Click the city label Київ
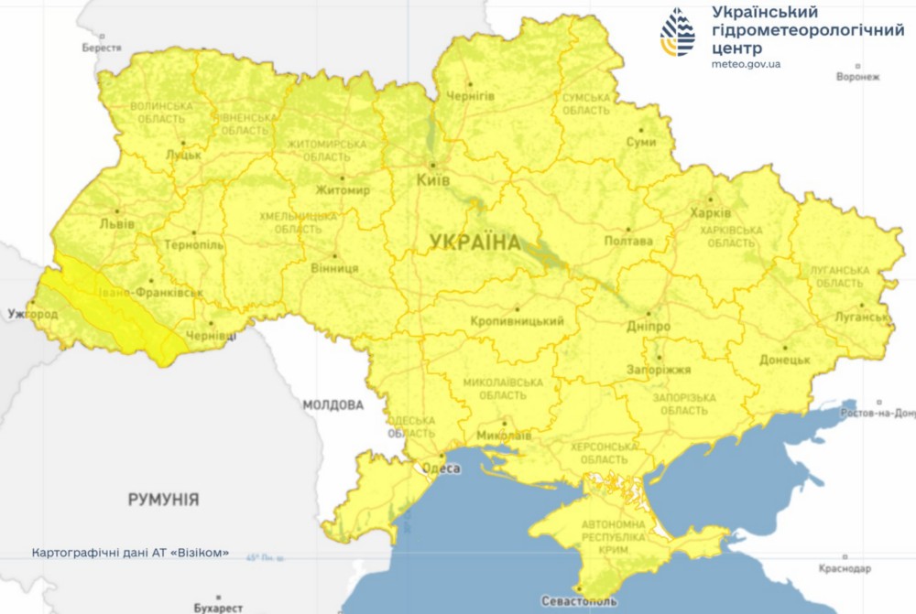pyautogui.click(x=432, y=181)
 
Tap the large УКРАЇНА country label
pyautogui.click(x=474, y=242)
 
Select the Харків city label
pyautogui.click(x=710, y=212)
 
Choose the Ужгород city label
pyautogui.click(x=32, y=315)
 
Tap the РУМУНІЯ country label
pyautogui.click(x=163, y=500)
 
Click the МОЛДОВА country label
pyautogui.click(x=333, y=404)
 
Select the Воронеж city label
pyautogui.click(x=857, y=77)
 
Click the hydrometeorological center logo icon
pyautogui.click(x=678, y=33)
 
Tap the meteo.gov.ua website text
pyautogui.click(x=746, y=64)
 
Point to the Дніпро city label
pyautogui.click(x=649, y=327)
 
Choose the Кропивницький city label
pyautogui.click(x=517, y=322)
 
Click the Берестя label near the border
pyautogui.click(x=101, y=47)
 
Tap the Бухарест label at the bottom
pyautogui.click(x=218, y=607)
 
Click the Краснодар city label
pyautogui.click(x=845, y=568)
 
